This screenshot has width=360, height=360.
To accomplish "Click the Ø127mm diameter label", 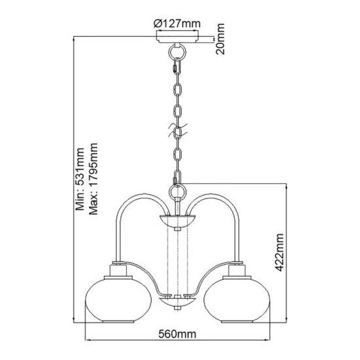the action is click(177, 24).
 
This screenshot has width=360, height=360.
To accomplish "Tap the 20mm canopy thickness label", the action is click(220, 39).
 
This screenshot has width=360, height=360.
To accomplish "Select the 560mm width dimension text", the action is click(177, 334).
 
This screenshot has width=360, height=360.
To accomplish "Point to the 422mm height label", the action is click(279, 252).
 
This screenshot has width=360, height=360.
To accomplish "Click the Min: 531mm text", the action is click(80, 179).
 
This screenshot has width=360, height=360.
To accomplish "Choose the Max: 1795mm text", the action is click(93, 179).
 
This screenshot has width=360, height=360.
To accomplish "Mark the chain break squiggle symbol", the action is click(178, 131).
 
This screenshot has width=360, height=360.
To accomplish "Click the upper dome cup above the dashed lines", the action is click(177, 220).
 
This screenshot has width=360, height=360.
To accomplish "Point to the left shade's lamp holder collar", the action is click(118, 271).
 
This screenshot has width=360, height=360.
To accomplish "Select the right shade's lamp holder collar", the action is click(236, 271).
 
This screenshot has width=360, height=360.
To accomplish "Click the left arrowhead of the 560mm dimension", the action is click(87, 340).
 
